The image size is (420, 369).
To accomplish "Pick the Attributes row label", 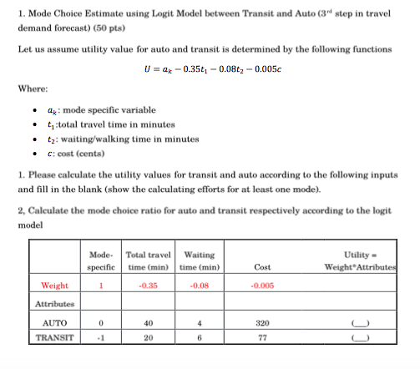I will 54,304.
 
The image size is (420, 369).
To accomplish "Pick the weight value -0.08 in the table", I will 200,285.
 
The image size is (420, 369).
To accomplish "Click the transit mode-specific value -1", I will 100,338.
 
